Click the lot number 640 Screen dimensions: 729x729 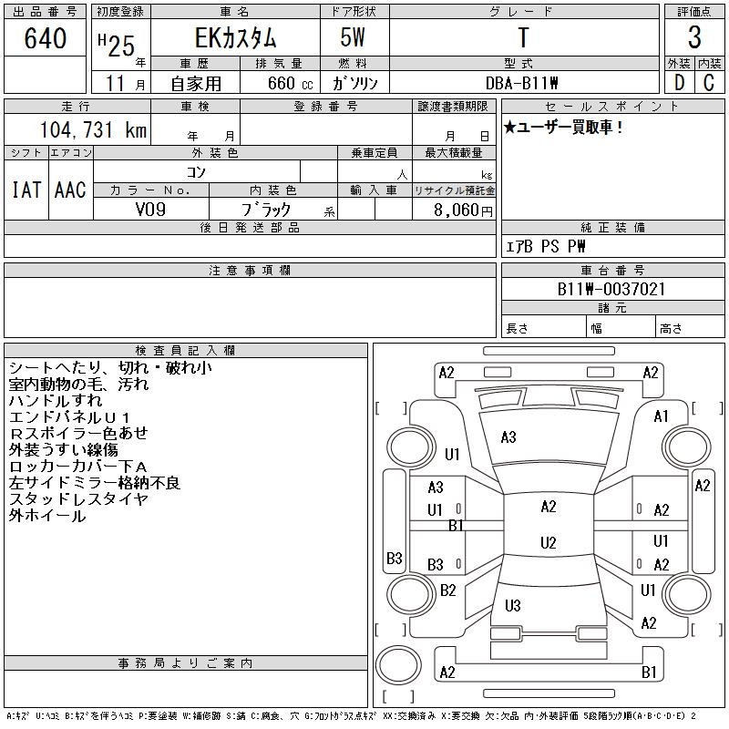(46, 39)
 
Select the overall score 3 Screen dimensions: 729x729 (694, 38)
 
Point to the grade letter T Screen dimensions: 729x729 (523, 38)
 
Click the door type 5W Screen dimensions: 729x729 (354, 38)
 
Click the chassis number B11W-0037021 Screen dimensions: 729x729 (611, 289)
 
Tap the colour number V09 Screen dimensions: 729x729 (150, 209)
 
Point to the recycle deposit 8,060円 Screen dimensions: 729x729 (466, 210)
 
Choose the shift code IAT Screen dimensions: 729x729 (26, 190)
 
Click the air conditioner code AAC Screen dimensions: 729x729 (69, 190)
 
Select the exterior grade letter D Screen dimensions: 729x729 (678, 82)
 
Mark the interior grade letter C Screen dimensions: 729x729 (709, 82)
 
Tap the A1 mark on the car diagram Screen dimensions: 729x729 (662, 416)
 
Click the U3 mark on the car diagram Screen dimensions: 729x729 (512, 606)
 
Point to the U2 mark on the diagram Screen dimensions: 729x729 (548, 543)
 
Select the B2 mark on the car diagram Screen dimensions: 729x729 (447, 590)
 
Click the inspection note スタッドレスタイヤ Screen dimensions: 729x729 (78, 499)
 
